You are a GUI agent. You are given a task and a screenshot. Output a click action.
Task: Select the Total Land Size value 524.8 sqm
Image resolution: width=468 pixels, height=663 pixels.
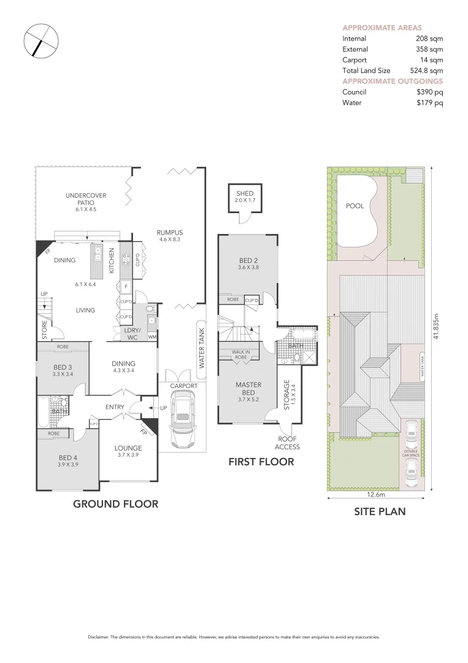pos(427,71)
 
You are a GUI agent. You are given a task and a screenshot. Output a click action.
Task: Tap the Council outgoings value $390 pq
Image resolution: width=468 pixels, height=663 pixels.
pos(429,92)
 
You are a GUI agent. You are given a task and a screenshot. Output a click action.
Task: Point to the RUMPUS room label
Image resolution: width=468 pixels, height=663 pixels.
pos(170,232)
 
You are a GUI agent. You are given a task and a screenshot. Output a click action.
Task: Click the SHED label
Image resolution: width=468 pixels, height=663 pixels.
pos(245,193)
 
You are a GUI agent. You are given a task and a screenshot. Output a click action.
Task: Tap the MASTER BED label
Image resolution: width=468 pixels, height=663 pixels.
pos(248,389)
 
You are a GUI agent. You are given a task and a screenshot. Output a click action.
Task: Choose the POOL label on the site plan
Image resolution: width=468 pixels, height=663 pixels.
pos(355,206)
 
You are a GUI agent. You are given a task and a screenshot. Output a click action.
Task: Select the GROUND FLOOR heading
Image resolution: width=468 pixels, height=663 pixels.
pos(116,504)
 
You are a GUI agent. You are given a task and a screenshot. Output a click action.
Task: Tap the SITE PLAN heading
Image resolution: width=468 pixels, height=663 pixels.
pos(380,511)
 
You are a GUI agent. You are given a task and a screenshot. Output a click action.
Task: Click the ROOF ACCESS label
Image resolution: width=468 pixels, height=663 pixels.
pos(287,443)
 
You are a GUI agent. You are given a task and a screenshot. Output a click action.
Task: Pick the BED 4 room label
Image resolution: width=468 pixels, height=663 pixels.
pos(67,457)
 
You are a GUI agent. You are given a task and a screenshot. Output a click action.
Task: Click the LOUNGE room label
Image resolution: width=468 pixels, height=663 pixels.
pos(128,448)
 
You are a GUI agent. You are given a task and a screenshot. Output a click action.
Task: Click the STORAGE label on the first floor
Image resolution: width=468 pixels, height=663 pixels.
pos(286,395)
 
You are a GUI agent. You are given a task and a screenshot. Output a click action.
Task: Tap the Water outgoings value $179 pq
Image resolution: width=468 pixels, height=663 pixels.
pos(429,103)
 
